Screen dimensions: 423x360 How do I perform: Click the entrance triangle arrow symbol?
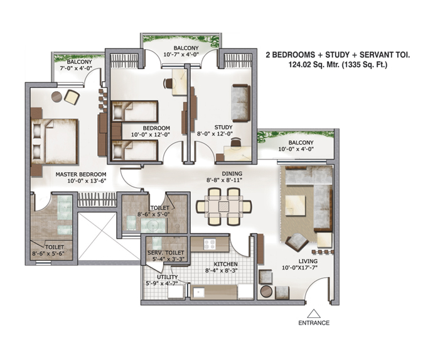314,314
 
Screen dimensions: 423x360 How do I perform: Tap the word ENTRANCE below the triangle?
314,323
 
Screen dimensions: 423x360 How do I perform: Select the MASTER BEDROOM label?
81,175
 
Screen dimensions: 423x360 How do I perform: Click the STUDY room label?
223,127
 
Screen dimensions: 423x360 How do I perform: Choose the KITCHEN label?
226,264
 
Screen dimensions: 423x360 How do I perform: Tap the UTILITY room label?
168,277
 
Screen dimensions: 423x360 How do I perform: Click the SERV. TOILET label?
166,253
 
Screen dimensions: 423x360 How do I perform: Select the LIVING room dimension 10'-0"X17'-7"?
300,268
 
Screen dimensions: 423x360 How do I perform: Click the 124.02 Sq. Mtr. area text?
314,65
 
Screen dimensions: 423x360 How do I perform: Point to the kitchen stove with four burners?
210,244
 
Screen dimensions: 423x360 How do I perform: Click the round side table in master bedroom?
56,97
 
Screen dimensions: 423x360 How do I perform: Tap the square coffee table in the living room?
296,205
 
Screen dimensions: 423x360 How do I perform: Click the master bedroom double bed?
55,141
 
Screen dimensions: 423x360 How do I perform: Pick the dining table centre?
223,206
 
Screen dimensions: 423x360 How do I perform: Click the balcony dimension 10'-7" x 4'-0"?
181,54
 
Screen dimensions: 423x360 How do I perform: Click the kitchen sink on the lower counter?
198,292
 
